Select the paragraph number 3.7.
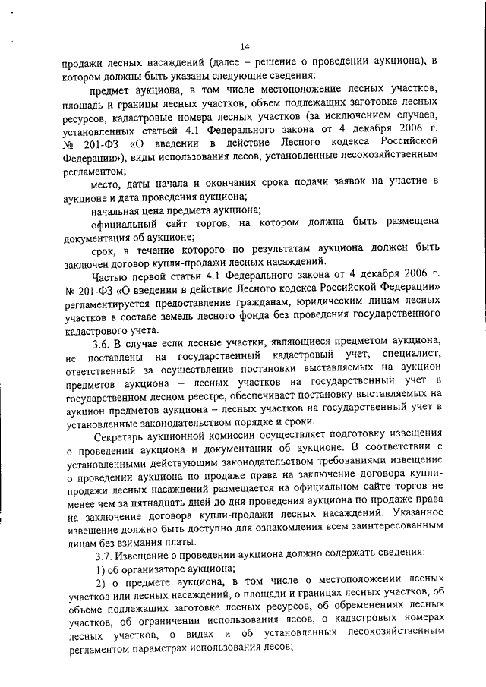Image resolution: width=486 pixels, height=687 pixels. click(x=102, y=555)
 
